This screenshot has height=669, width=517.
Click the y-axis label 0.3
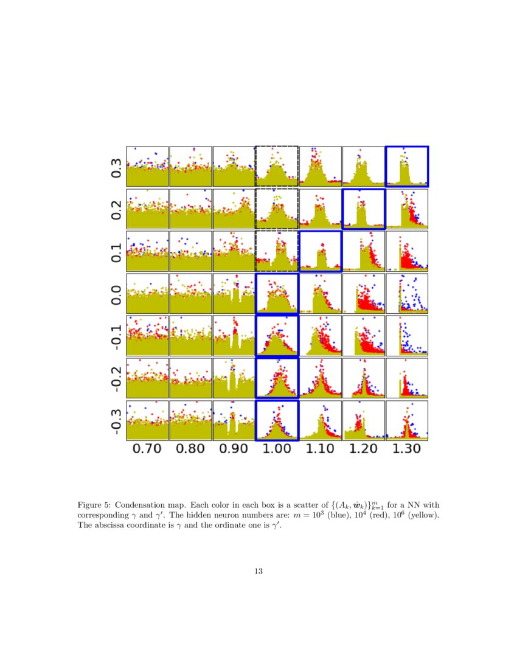click(x=116, y=167)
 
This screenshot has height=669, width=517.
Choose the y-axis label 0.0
click(x=116, y=294)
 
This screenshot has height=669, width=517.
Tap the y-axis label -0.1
click(x=116, y=336)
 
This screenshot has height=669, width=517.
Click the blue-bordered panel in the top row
click(x=407, y=167)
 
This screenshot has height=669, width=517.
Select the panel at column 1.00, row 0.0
click(x=277, y=294)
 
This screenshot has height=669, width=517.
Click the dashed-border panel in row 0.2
click(x=277, y=209)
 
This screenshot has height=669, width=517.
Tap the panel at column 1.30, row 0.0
click(x=407, y=294)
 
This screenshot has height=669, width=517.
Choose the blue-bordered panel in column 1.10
click(x=320, y=251)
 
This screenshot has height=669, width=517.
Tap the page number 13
click(x=258, y=571)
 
